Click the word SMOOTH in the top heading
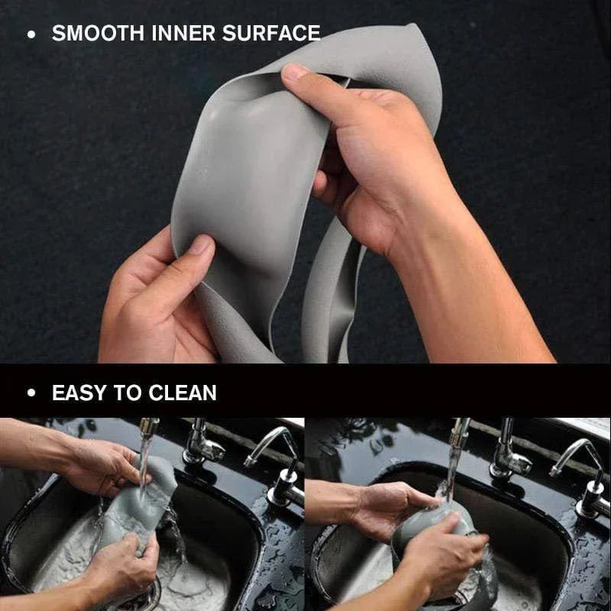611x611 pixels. (97, 34)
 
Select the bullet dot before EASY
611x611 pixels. (31, 394)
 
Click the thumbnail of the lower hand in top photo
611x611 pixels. (201, 246)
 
